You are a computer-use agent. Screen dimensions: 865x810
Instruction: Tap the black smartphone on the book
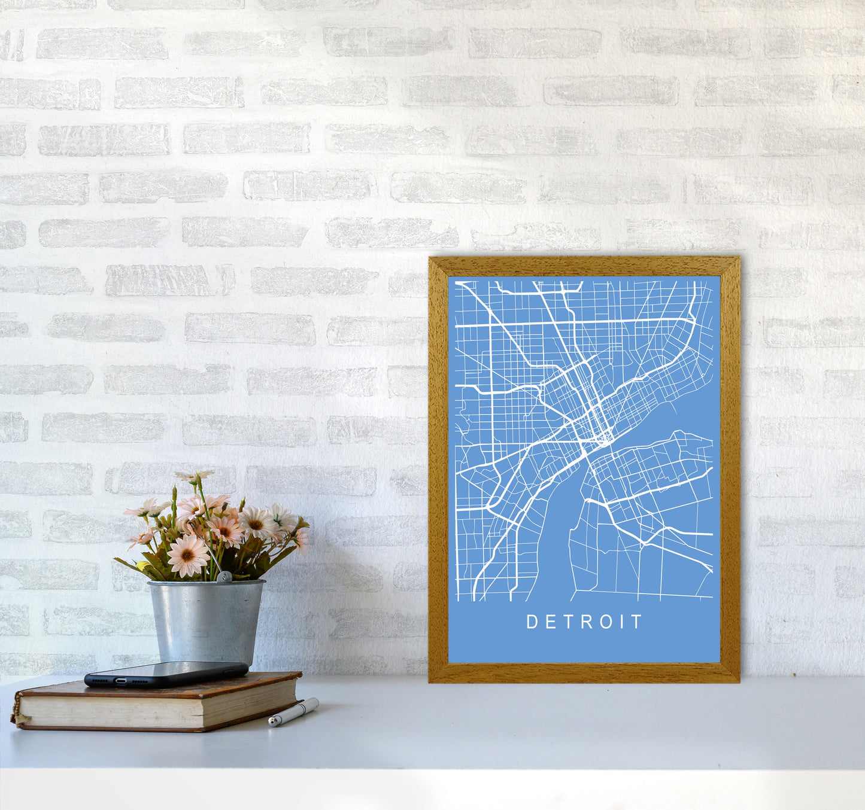point(166,674)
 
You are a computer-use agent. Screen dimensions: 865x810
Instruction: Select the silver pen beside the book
point(293,712)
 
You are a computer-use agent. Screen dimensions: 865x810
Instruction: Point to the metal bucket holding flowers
point(206,622)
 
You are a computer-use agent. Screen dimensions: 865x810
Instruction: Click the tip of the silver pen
point(271,724)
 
